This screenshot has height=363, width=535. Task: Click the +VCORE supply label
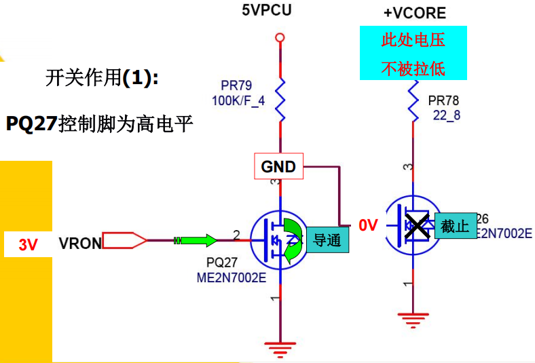414,13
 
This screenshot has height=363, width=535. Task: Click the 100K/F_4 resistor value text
238,100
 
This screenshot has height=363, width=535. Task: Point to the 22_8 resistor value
446,115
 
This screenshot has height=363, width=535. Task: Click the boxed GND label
278,166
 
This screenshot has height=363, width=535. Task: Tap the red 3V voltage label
28,245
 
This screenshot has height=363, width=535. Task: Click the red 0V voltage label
368,225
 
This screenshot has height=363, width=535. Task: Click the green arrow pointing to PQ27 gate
200,240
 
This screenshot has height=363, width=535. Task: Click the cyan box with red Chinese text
413,53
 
